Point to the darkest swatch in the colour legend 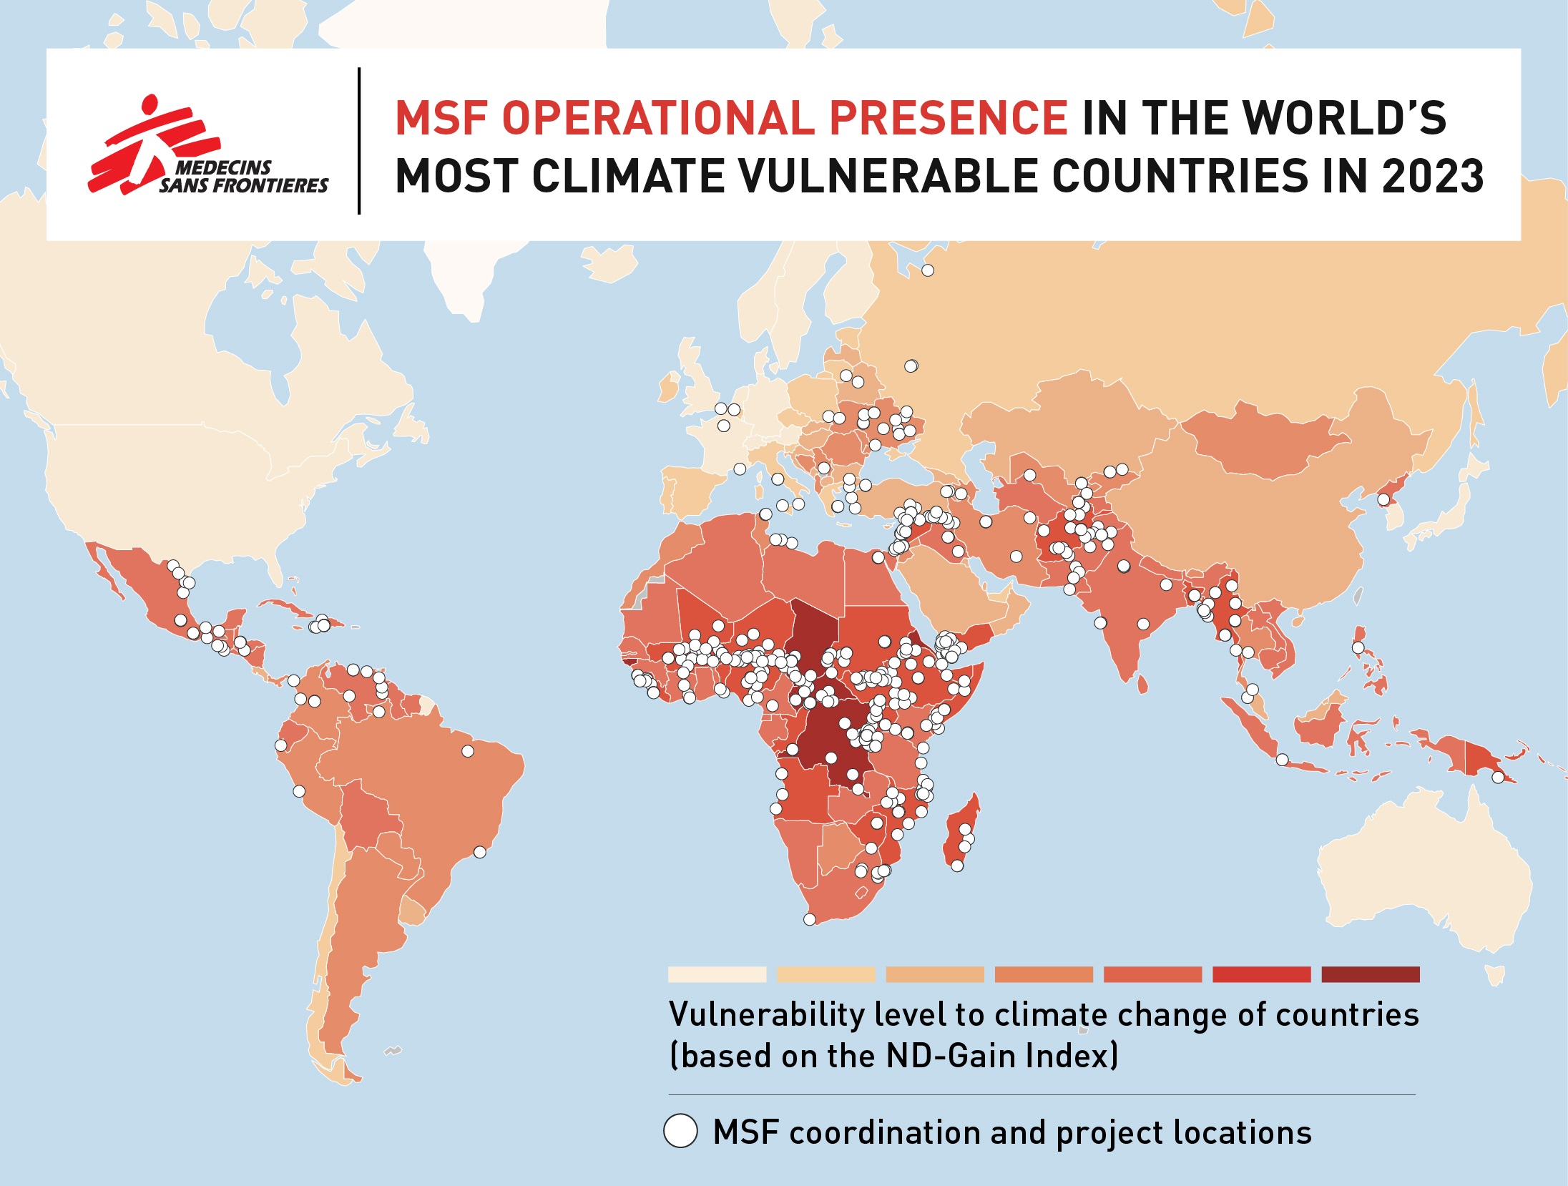(1370, 974)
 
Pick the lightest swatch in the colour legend (717, 974)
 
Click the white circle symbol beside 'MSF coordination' (680, 1131)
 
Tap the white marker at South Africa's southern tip (810, 919)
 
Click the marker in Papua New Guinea (1498, 777)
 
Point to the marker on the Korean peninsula (1384, 499)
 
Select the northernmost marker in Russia (928, 270)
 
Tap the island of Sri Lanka (1142, 685)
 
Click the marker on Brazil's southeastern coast (480, 852)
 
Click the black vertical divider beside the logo (359, 141)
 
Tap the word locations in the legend (1242, 1132)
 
